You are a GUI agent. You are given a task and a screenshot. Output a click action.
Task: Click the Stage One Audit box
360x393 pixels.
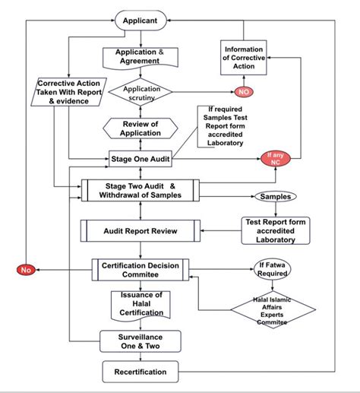point(140,160)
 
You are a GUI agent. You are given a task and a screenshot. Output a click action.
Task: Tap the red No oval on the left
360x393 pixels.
point(25,268)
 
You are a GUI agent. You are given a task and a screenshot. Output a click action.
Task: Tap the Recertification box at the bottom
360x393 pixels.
point(140,372)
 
